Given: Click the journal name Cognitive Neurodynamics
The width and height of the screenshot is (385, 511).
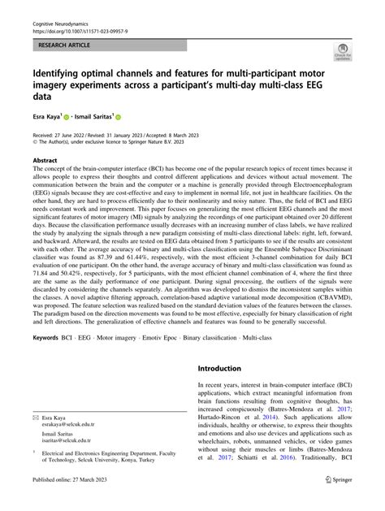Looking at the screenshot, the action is point(60,7).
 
